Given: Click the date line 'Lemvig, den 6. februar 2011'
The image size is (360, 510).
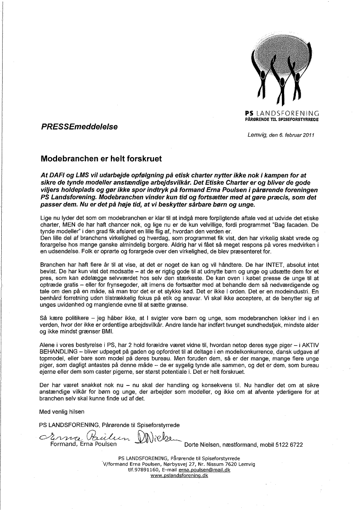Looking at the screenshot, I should click(281, 135).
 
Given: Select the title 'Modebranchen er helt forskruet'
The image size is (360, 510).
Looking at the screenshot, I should click(101, 157).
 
